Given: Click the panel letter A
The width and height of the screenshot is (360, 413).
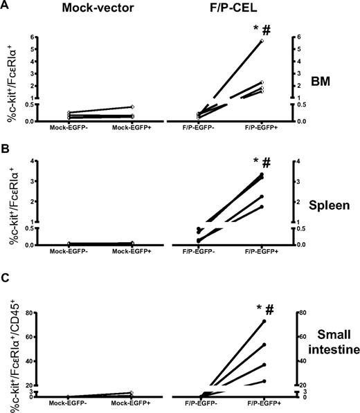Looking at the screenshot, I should [x=6, y=7].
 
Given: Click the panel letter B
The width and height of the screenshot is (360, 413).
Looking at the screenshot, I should [x=6, y=148].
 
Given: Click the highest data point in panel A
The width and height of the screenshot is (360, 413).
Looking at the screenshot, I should [x=262, y=41].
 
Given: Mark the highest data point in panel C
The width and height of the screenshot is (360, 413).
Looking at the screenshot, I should [x=264, y=321].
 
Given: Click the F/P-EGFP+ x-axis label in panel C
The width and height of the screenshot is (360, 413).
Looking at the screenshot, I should [x=263, y=403].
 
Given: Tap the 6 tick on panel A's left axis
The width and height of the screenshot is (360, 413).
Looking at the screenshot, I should [x=29, y=37].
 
